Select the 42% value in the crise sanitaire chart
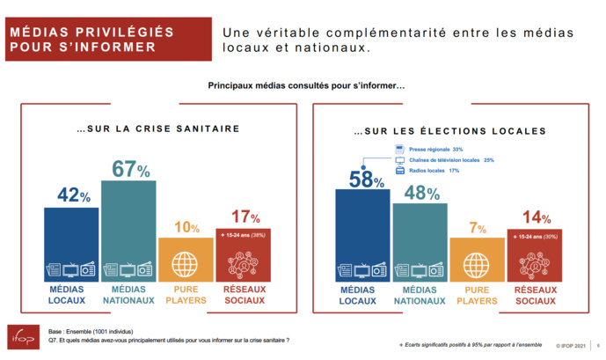pyautogui.click(x=72, y=195)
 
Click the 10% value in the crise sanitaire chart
pyautogui.click(x=186, y=227)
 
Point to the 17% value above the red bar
pyautogui.click(x=244, y=217)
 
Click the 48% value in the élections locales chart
pyautogui.click(x=420, y=192)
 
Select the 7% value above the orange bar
pyautogui.click(x=477, y=227)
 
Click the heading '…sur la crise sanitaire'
pyautogui.click(x=158, y=129)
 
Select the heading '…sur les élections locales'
pyautogui.click(x=449, y=131)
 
